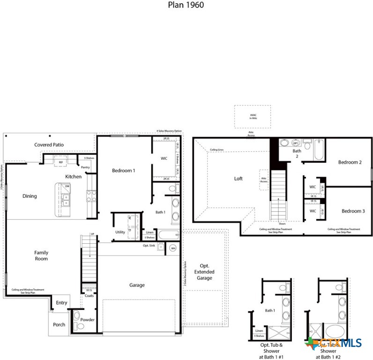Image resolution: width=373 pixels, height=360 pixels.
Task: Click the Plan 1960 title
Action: click(186, 5)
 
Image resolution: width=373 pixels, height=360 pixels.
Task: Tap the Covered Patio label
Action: click(49, 145)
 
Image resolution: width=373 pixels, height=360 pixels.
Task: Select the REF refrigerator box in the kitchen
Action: click(61, 162)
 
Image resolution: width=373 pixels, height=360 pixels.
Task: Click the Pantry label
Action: click(85, 167)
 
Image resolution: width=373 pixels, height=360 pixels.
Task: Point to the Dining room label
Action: click(30, 196)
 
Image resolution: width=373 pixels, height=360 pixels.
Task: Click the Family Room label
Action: click(41, 255)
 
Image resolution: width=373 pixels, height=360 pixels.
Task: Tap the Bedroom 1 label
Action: click(123, 171)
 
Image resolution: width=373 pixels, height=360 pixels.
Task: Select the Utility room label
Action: click(120, 232)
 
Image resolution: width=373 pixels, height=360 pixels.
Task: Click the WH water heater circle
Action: click(173, 248)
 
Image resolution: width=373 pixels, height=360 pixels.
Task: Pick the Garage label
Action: click(137, 285)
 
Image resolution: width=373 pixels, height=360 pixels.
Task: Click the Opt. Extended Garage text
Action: click(204, 272)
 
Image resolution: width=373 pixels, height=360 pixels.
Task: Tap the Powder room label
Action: click(87, 320)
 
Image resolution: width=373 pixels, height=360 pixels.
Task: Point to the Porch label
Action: click(59, 325)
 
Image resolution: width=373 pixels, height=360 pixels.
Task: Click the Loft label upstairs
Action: click(239, 179)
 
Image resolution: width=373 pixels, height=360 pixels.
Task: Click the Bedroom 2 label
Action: click(350, 162)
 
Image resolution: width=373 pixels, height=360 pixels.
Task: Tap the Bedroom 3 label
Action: click(353, 211)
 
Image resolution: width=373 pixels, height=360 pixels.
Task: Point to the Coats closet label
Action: click(89, 296)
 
